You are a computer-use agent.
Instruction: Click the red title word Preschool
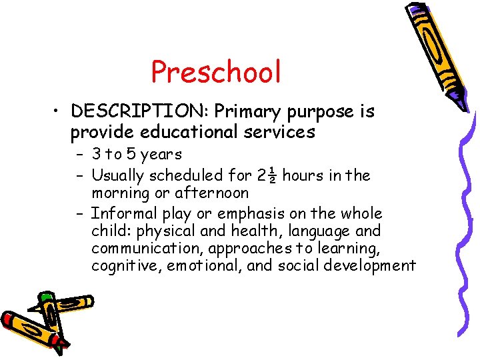216,72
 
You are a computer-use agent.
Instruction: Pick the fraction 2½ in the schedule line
266,176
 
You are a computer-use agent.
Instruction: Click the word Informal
121,214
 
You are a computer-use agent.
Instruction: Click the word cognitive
125,266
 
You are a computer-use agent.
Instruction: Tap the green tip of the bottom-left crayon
45,296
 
